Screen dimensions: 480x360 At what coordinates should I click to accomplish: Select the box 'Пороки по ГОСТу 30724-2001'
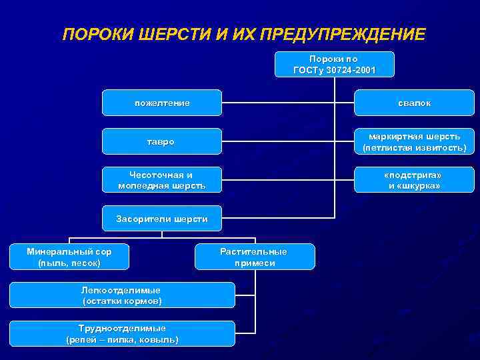pyautogui.click(x=334, y=64)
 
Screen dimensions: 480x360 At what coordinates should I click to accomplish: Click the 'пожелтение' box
pyautogui.click(x=161, y=103)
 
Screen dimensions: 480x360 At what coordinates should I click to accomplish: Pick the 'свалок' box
pyautogui.click(x=414, y=103)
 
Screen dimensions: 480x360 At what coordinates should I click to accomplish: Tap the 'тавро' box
pyautogui.click(x=161, y=141)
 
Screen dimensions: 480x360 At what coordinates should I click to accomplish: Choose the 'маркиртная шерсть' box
pyautogui.click(x=414, y=141)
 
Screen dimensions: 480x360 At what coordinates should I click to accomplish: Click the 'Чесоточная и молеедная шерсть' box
pyautogui.click(x=161, y=179)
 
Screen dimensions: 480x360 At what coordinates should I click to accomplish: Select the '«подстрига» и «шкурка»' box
pyautogui.click(x=414, y=179)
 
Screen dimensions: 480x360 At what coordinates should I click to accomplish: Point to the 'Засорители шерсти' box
pyautogui.click(x=161, y=218)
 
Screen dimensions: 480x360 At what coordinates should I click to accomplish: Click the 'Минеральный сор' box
pyautogui.click(x=69, y=257)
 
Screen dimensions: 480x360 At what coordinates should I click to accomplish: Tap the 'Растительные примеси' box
pyautogui.click(x=254, y=257)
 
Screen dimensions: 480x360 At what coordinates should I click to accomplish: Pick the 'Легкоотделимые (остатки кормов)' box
pyautogui.click(x=121, y=295)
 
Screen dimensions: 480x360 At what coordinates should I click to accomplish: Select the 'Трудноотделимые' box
pyautogui.click(x=121, y=333)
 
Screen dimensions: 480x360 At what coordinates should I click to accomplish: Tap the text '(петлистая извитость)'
pyautogui.click(x=414, y=147)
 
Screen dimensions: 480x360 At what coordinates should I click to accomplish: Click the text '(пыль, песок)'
pyautogui.click(x=69, y=263)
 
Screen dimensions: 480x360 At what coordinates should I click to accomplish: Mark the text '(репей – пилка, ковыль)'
pyautogui.click(x=121, y=339)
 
